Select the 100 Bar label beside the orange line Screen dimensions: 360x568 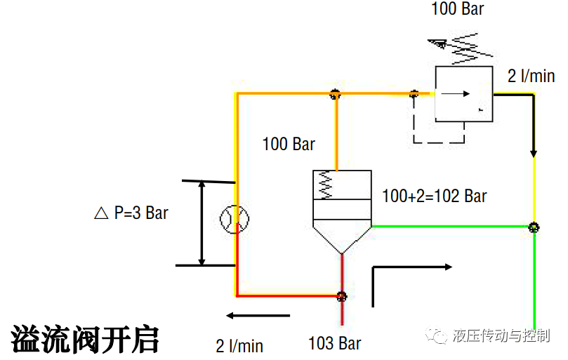[x=289, y=145]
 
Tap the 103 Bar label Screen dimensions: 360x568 [x=334, y=343]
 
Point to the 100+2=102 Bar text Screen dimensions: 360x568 [x=434, y=195]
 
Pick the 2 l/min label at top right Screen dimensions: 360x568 [x=531, y=76]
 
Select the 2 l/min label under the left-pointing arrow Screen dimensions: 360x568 [x=239, y=345]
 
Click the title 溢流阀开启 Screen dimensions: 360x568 [x=85, y=339]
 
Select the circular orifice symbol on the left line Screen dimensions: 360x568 [x=233, y=220]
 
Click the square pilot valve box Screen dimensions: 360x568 [x=463, y=93]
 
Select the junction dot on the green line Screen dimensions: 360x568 [x=534, y=227]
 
